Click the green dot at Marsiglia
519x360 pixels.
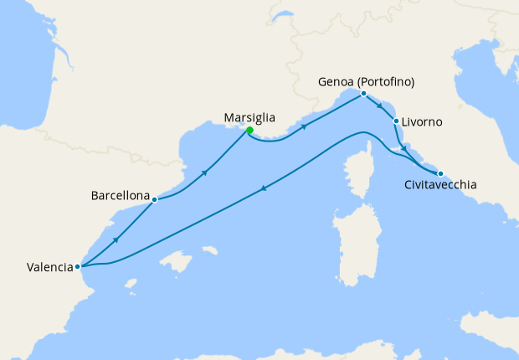[x=249, y=130]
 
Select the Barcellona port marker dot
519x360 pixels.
[x=155, y=199]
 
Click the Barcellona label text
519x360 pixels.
[x=121, y=198]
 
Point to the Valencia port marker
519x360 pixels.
[x=77, y=267]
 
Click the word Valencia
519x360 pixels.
[x=49, y=268]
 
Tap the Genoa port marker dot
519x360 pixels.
[x=363, y=94]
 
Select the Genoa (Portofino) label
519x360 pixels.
[x=367, y=82]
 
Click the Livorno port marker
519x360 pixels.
[x=395, y=121]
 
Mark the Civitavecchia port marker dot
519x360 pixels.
[x=440, y=172]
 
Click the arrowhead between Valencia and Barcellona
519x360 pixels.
[x=116, y=239]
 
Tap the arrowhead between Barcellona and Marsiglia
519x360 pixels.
[x=204, y=172]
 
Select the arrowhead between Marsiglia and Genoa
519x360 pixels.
[x=303, y=127]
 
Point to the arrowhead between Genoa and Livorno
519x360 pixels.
[x=380, y=106]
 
